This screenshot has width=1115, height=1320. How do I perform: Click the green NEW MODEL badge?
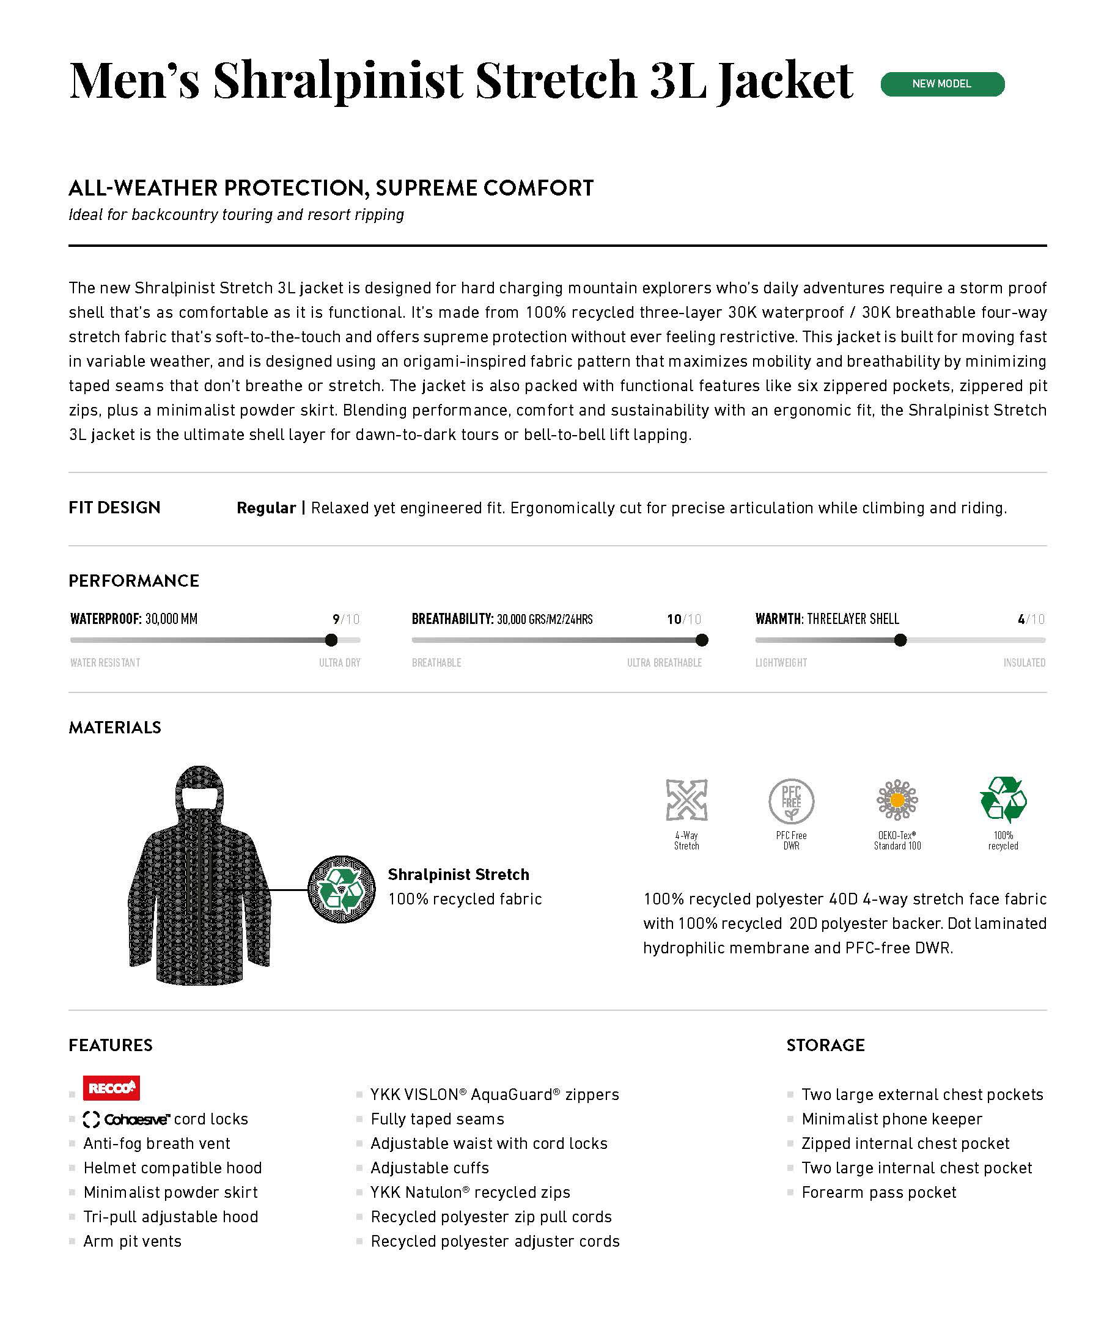942,84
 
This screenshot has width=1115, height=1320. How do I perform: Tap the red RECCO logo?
111,1088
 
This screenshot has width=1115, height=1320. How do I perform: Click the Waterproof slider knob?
331,640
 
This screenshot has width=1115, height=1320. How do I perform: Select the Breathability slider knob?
702,640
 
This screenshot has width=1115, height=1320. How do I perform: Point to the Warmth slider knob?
900,640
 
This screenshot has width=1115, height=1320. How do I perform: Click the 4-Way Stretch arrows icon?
686,800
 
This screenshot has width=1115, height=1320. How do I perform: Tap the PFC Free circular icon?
792,801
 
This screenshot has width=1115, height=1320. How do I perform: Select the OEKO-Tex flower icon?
897,800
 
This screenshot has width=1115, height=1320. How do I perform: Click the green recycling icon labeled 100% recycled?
1003,799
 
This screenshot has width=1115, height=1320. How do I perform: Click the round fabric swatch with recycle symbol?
341,889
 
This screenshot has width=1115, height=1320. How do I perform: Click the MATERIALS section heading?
115,727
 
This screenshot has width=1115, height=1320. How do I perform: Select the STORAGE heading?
825,1045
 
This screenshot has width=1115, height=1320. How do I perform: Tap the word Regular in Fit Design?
266,508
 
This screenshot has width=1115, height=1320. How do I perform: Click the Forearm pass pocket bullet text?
878,1192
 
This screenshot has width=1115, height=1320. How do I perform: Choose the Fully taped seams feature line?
438,1119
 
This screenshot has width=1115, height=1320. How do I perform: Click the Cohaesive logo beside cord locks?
127,1120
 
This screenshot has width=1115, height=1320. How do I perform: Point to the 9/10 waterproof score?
346,619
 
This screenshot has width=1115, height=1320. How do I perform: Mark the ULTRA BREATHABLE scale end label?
664,663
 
